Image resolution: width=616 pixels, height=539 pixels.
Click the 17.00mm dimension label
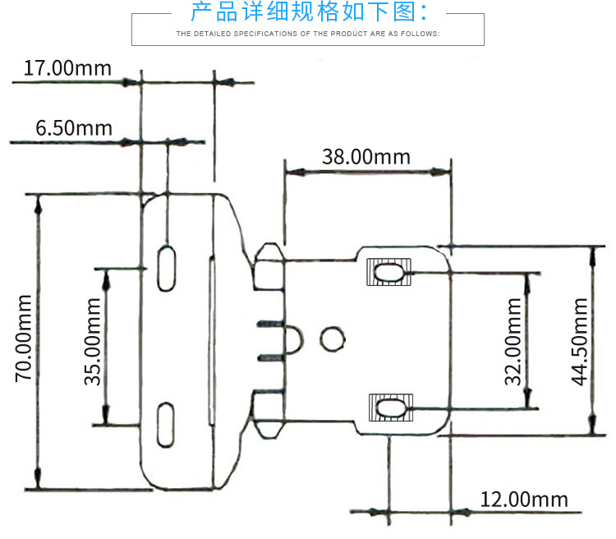[67, 68]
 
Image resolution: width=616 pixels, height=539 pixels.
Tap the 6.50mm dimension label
[74, 128]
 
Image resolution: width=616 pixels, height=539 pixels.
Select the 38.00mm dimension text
[365, 157]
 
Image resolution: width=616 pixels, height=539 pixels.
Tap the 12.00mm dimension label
[524, 500]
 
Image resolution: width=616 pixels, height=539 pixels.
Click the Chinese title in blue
[309, 12]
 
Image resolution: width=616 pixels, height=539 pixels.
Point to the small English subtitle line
[309, 35]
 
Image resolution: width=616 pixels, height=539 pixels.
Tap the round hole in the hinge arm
[332, 339]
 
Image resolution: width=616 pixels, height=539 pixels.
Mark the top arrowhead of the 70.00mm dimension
[38, 202]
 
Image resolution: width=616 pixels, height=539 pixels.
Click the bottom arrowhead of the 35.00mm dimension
[105, 417]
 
